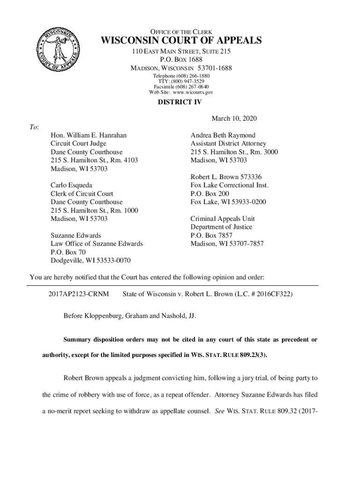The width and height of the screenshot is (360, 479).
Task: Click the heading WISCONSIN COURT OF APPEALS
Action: coord(180,40)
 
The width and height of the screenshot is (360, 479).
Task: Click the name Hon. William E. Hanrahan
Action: coord(88,135)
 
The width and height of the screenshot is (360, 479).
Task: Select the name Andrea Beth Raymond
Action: coord(223,135)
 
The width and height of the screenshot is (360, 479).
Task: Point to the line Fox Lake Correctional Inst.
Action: coord(230,185)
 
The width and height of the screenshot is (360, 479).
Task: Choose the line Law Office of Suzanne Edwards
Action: coord(97,244)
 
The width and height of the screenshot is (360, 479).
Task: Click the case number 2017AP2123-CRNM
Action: coord(79,294)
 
